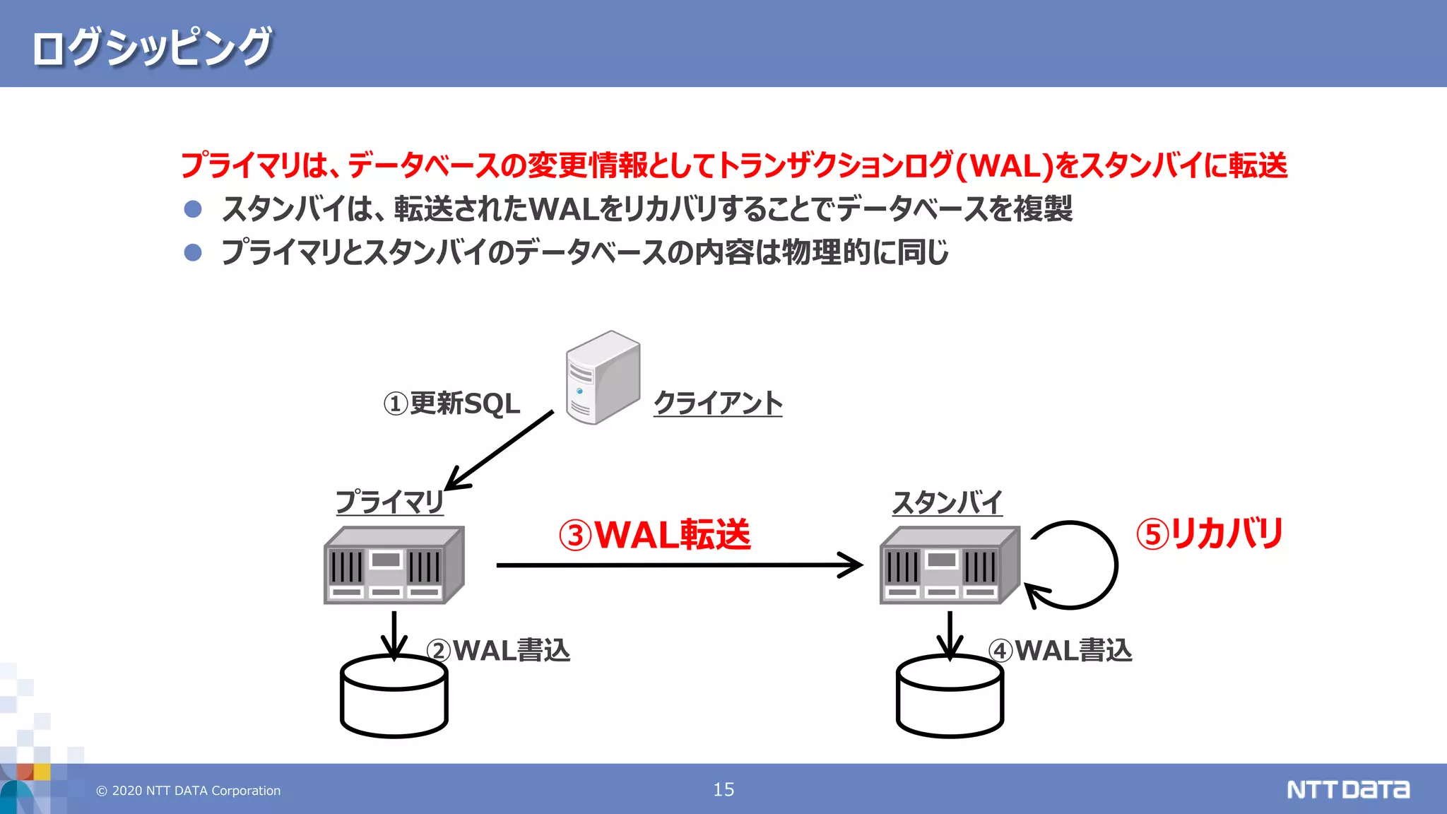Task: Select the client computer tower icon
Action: point(602,377)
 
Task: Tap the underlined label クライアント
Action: point(717,403)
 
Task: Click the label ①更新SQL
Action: point(451,403)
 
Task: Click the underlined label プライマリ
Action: point(389,502)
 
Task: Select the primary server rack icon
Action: point(394,565)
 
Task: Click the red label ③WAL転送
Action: point(654,534)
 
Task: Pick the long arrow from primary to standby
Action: point(678,565)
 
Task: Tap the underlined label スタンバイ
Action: point(947,502)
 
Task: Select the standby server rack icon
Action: point(949,565)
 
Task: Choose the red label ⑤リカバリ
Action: point(1210,533)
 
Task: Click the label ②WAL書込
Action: point(498,650)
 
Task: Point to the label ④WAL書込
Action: point(1060,650)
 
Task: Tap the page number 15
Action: point(723,789)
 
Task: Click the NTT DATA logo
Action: point(1347,789)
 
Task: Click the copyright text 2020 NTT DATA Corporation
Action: point(189,791)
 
